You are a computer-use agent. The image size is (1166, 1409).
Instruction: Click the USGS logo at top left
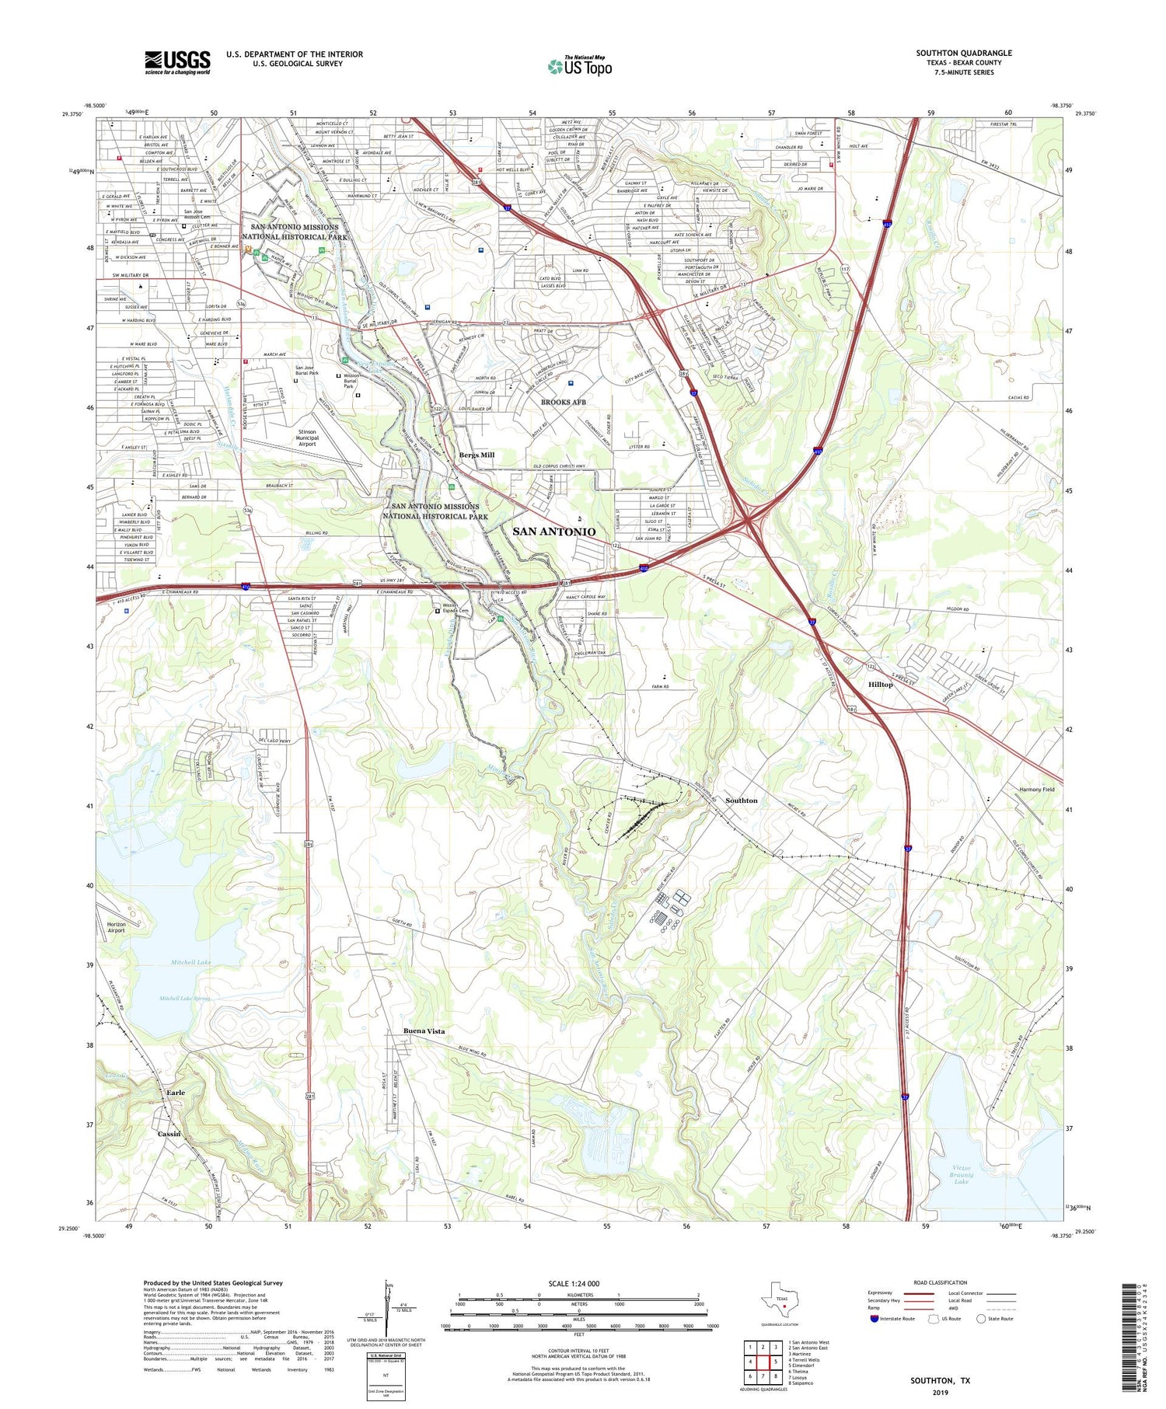(176, 62)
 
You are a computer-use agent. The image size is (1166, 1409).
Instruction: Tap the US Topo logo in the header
(579, 66)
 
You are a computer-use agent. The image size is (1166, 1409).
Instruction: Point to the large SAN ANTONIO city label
(554, 532)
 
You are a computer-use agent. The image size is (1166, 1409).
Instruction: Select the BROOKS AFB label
(563, 402)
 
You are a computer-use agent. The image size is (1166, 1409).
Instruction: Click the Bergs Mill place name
(476, 455)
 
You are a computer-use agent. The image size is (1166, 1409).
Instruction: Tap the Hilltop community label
(880, 685)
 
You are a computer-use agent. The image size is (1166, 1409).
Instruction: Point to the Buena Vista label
(424, 1031)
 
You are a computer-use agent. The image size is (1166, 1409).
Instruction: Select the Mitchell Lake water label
(190, 962)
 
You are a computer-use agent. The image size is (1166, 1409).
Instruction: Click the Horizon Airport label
(116, 926)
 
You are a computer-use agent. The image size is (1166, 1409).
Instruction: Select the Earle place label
(176, 1093)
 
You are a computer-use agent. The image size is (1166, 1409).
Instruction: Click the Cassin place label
(169, 1134)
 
